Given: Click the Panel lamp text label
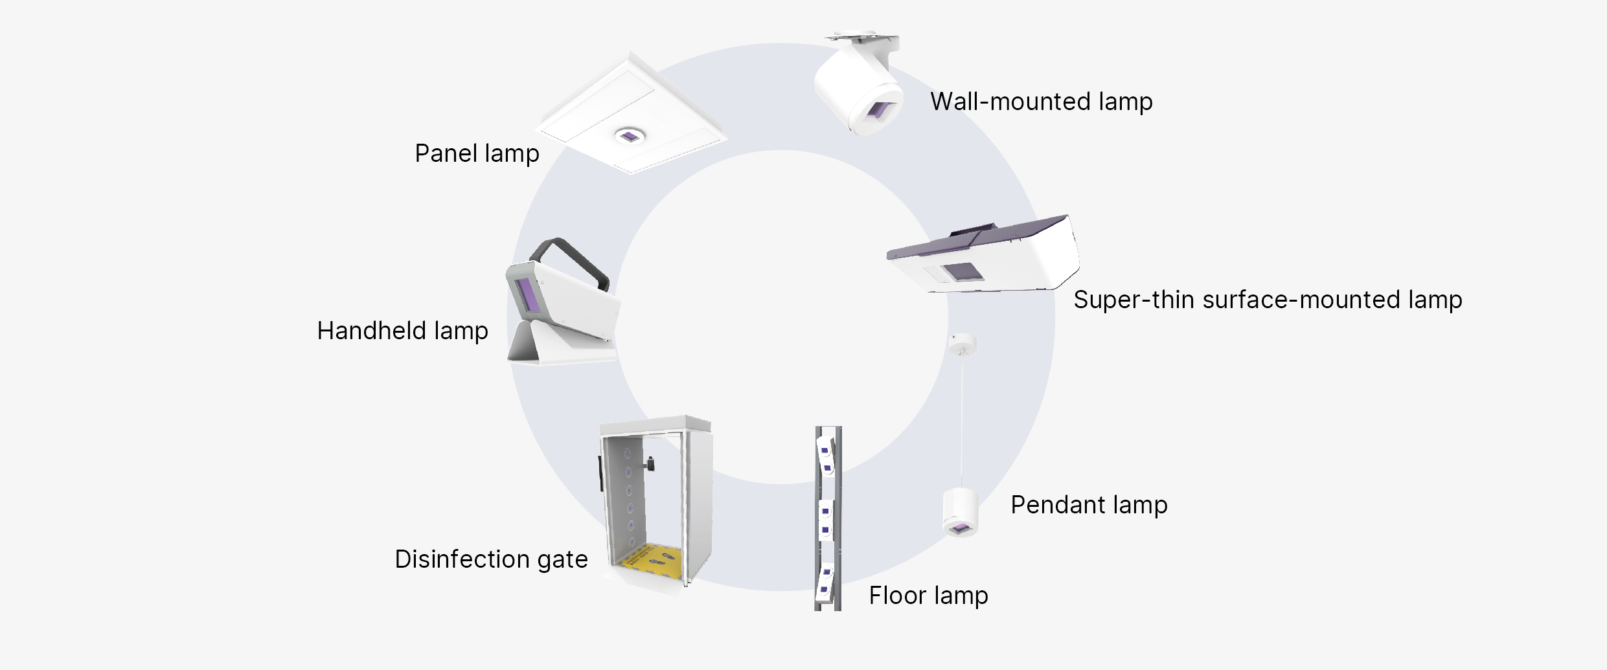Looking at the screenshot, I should [477, 154].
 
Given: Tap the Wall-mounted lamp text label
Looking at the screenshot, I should [1041, 102].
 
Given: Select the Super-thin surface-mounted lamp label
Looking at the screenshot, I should [1267, 300].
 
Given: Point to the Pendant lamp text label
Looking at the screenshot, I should [1089, 505].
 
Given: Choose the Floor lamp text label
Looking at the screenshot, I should [928, 596].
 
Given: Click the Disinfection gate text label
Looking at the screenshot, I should [491, 559].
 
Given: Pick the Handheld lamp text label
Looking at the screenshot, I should [402, 331].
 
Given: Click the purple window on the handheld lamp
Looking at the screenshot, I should [528, 295].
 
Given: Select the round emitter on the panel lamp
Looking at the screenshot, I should [629, 136].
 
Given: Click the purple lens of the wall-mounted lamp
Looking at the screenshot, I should [880, 111].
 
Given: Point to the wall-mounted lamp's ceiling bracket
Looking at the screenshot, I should [861, 39].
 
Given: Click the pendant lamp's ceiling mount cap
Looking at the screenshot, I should [962, 342].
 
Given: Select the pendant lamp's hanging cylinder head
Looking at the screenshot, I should [960, 512].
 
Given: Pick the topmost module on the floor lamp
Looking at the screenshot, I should [826, 455].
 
